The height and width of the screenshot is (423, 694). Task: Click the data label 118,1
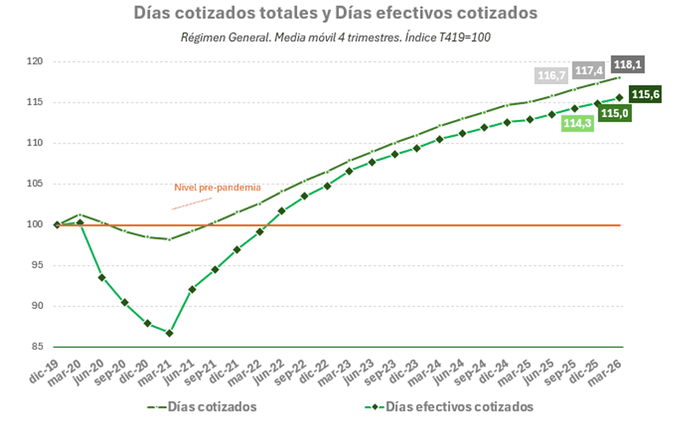coord(627,65)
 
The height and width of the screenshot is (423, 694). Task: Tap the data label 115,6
coord(645,94)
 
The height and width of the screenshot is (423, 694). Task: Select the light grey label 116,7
coord(551,76)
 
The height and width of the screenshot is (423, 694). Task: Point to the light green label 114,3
coord(577,123)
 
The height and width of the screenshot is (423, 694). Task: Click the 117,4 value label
coord(588,71)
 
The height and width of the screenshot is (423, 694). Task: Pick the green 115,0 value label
coord(614,113)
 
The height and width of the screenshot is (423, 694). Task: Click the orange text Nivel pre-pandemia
coord(217,187)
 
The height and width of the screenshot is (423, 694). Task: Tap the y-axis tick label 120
coord(34,62)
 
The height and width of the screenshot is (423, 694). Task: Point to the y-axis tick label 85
coord(37,346)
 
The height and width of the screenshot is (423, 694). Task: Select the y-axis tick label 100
coord(34,224)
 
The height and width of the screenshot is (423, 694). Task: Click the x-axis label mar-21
coord(153,373)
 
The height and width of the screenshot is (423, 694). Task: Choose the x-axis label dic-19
coord(43,371)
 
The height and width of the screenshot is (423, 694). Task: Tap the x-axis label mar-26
coord(604,373)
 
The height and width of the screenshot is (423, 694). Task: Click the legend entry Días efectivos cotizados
coord(449,406)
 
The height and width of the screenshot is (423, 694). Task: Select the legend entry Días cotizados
coord(202,406)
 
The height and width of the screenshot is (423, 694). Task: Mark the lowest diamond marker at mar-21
coord(169,333)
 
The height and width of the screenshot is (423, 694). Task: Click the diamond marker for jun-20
coord(102,277)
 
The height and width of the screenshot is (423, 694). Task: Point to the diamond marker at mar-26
coord(619,98)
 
